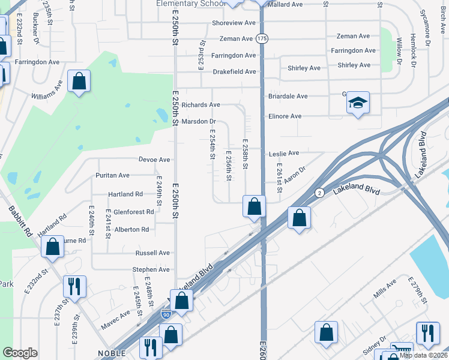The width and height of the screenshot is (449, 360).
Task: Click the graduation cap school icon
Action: tap(358, 103)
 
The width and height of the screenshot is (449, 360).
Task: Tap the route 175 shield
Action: tap(262, 38)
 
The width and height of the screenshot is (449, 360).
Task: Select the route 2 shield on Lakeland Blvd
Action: tap(320, 193)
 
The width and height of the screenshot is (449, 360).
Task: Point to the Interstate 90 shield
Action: tap(166, 314)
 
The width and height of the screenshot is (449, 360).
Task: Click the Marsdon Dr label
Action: tap(198, 122)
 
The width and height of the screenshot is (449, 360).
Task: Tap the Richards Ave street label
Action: tap(197, 104)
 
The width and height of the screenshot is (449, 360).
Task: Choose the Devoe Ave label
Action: tap(155, 160)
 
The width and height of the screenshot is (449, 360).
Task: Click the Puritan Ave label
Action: tap(113, 175)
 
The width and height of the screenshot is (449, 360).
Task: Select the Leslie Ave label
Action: tap(285, 154)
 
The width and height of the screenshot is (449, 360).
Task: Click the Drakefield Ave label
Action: tap(234, 71)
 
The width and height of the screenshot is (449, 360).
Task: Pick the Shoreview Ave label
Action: tap(232, 23)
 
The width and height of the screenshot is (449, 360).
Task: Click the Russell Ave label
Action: tap(152, 253)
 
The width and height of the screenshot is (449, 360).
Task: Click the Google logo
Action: tap(20, 353)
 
